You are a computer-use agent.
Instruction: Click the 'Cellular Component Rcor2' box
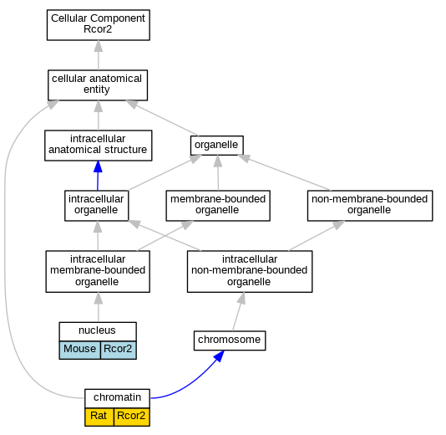pos(98,25)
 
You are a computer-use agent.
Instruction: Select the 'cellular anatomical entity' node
pos(98,85)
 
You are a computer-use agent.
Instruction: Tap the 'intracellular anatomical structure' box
pos(98,146)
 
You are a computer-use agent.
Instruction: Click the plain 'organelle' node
pos(217,146)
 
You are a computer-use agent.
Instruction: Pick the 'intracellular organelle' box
pos(96,206)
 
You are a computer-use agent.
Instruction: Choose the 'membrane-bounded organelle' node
pos(218,206)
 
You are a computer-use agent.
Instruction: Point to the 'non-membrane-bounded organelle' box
pos(370,206)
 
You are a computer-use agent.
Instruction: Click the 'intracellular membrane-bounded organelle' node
pos(98,272)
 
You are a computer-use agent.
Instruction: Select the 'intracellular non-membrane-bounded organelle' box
pos(250,272)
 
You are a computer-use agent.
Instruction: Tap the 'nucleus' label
pos(98,331)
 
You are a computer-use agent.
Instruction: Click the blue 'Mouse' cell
pos(80,350)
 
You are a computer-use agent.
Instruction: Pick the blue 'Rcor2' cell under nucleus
pos(119,350)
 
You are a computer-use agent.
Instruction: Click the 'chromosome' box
pos(230,340)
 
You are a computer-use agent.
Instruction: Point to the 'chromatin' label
pos(117,398)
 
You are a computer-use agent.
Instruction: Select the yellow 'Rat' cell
pos(99,417)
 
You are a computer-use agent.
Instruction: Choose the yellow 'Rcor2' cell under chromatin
pos(132,417)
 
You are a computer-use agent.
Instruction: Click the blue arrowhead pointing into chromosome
pos(219,356)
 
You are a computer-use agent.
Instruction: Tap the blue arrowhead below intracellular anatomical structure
pos(98,166)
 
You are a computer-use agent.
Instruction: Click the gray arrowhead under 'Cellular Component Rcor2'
pos(99,46)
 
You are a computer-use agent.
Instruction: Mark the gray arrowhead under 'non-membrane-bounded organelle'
pos(338,225)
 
